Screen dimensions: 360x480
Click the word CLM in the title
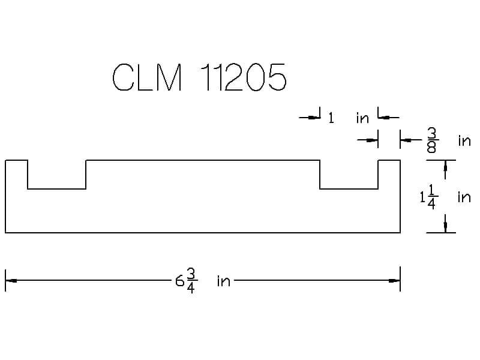(147, 77)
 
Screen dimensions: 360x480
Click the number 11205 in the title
(242, 77)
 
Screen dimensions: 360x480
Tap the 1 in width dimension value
(331, 118)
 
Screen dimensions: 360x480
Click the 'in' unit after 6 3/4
(223, 281)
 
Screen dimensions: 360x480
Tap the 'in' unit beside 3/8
(464, 141)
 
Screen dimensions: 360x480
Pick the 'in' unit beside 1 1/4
(464, 197)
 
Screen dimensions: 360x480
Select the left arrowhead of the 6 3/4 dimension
(10, 280)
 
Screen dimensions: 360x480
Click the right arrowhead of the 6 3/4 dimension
(394, 280)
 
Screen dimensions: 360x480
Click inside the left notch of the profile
(57, 174)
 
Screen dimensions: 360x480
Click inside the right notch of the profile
(349, 174)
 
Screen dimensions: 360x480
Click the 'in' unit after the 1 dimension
(362, 118)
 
